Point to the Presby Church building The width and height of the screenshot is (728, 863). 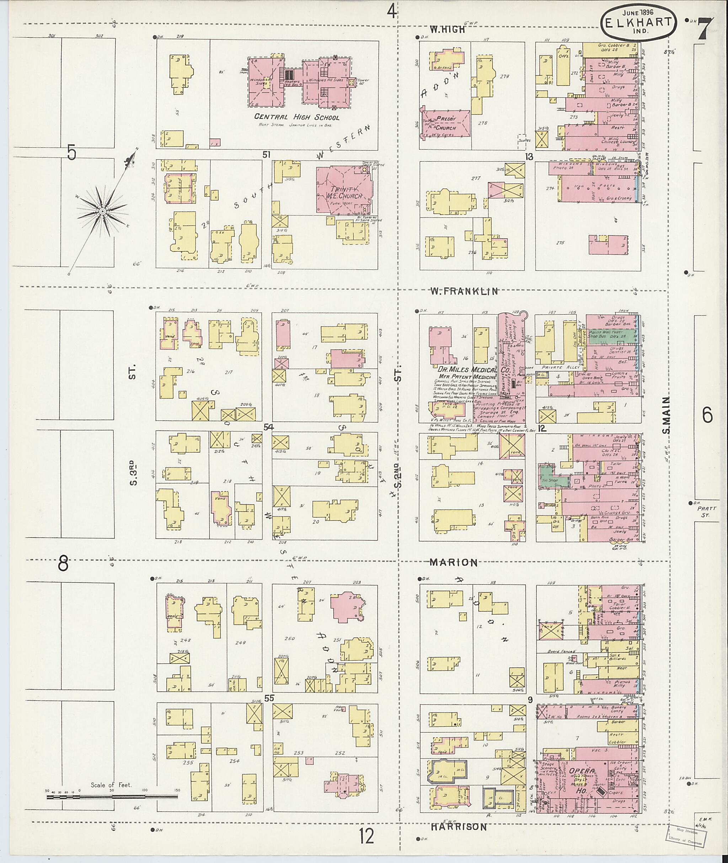[446, 123]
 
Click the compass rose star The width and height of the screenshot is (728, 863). [102, 212]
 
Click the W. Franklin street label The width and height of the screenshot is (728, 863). [464, 292]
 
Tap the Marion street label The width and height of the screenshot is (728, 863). [453, 562]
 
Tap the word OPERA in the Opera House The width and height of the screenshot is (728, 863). [582, 771]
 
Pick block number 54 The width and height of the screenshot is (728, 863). [269, 427]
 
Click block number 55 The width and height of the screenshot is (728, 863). [269, 698]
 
